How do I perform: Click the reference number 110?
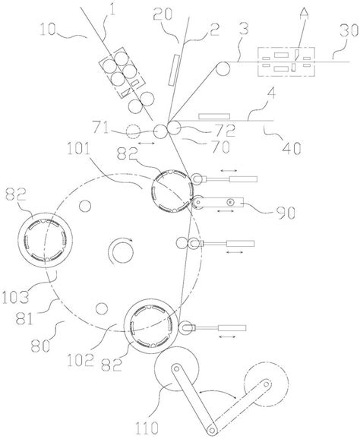tap(147, 428)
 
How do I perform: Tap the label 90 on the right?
tap(286, 213)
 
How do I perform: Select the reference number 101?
tap(78, 149)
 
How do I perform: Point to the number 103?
tap(15, 297)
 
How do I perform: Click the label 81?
tap(24, 318)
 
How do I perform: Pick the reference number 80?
tap(41, 346)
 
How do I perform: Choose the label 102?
tap(80, 360)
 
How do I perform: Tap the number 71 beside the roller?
tap(101, 129)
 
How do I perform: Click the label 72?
tap(226, 131)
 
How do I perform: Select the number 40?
tap(292, 148)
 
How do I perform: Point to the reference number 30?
tap(349, 31)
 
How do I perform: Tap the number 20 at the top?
tap(163, 13)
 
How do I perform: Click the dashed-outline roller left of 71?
tap(133, 131)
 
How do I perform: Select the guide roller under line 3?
tap(223, 69)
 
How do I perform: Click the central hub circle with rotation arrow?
tap(121, 251)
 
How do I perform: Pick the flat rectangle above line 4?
tap(214, 116)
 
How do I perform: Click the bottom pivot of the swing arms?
tap(212, 429)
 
